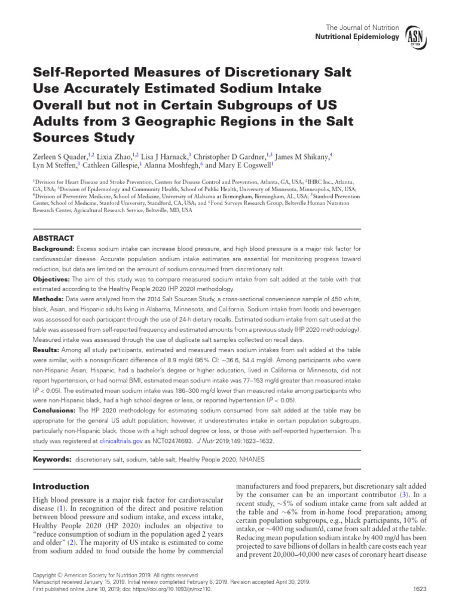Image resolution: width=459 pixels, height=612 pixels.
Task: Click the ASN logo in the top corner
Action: click(x=415, y=38)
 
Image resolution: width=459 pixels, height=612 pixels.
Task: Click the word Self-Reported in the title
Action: click(x=77, y=74)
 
